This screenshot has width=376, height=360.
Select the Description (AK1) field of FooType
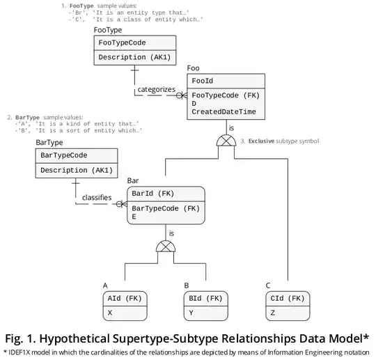[x=130, y=57]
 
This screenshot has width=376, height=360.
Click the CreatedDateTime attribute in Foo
[x=224, y=111]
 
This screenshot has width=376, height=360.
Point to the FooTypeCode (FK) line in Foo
[x=225, y=95]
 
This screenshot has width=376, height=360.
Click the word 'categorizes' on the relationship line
[x=156, y=89]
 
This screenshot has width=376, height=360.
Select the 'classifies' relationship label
[x=97, y=198]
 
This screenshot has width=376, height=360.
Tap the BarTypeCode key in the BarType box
[x=68, y=155]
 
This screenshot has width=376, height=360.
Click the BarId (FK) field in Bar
[x=152, y=194]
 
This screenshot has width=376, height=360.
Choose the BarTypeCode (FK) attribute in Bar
[x=166, y=208]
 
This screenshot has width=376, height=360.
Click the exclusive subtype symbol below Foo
[x=226, y=141]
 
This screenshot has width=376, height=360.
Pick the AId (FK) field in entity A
[x=125, y=299]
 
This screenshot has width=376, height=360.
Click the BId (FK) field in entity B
[x=205, y=299]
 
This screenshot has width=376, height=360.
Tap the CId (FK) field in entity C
[x=285, y=299]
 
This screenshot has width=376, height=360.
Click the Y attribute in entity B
[x=191, y=313]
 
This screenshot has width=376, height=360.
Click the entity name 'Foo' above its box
[x=194, y=68]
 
